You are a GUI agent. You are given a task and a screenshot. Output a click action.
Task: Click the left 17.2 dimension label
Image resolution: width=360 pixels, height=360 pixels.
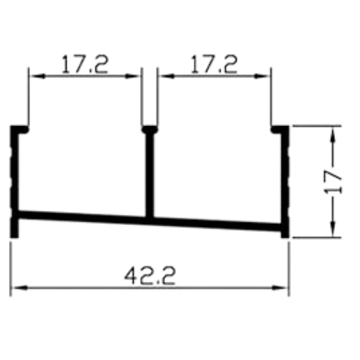tap(84, 64)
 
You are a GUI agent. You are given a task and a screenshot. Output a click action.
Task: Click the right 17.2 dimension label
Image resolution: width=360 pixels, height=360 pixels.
tap(214, 64)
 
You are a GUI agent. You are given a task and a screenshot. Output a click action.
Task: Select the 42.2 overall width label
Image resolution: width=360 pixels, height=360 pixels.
tap(150, 276)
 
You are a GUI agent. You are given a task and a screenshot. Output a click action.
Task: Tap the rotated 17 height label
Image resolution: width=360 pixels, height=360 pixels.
tap(333, 182)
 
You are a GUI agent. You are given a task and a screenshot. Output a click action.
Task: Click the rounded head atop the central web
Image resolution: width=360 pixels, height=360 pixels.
tap(150, 130)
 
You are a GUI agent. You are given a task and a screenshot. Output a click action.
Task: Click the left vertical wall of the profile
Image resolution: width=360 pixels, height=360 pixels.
tap(14, 170)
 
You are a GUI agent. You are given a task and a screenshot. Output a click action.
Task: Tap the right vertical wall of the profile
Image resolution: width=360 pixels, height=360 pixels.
tap(285, 176)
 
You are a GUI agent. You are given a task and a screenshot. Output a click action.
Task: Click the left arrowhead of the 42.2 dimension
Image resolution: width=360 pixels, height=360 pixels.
tap(20, 288)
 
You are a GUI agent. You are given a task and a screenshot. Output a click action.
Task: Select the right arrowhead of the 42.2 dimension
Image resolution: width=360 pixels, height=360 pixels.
tap(279, 288)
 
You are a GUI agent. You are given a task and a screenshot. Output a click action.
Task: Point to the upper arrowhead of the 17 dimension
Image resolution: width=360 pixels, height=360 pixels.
tap(333, 136)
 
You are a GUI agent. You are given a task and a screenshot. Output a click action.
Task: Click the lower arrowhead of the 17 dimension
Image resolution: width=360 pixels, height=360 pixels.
tap(333, 228)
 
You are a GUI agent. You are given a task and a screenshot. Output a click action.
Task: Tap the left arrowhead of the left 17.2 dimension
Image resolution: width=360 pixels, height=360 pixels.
tap(38, 76)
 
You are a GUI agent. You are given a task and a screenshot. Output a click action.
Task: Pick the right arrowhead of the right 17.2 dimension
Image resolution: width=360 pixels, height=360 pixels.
tap(262, 76)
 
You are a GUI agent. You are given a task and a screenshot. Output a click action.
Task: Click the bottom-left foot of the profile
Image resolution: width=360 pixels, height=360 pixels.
tap(14, 227)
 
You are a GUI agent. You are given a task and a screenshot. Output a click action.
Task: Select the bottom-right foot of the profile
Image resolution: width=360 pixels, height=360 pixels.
tap(285, 232)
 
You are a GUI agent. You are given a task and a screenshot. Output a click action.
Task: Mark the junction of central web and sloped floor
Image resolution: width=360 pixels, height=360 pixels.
tap(150, 221)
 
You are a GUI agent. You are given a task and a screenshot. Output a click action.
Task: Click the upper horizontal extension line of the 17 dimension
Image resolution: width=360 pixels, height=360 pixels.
tap(317, 126)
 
